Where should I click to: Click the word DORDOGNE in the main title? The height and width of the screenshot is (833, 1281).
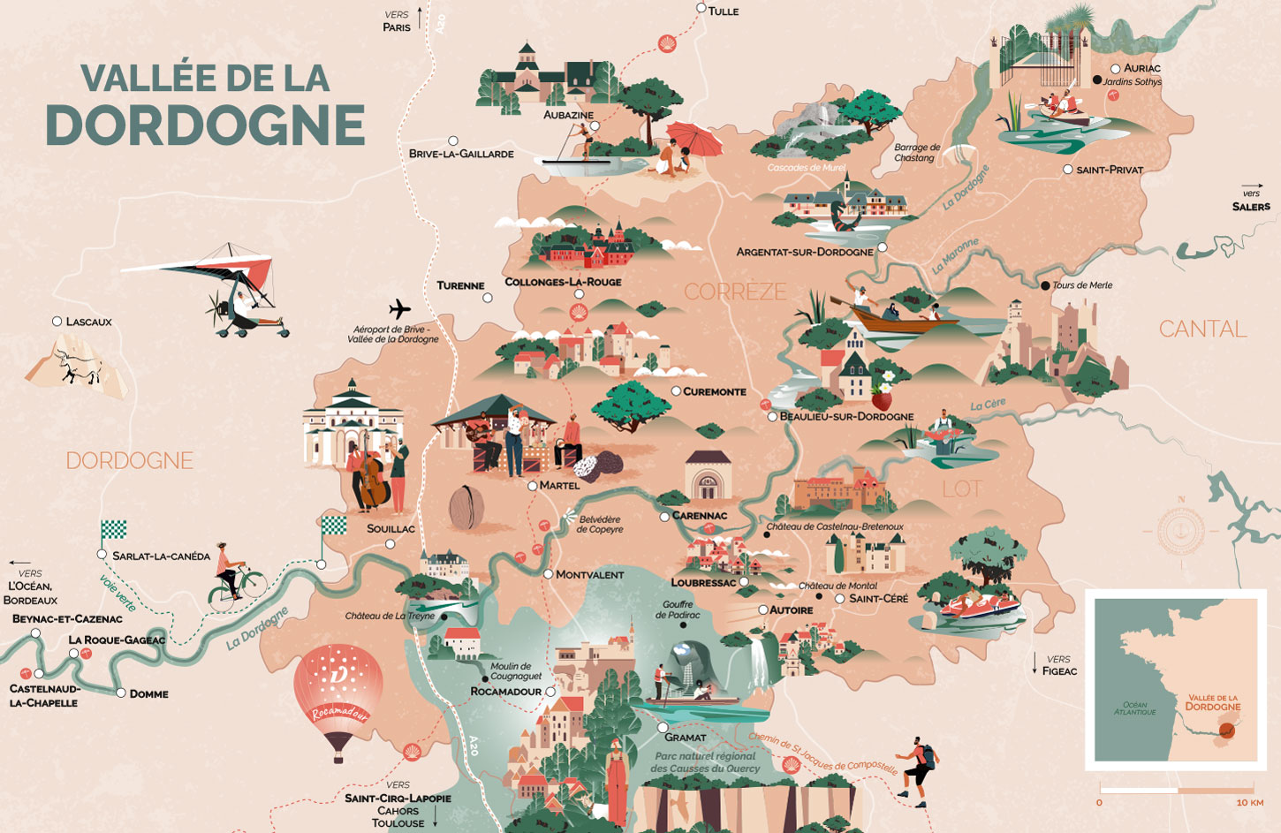pyautogui.click(x=205, y=125)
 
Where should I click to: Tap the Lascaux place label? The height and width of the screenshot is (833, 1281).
pyautogui.click(x=88, y=322)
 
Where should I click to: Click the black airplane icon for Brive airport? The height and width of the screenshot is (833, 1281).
pyautogui.click(x=400, y=309)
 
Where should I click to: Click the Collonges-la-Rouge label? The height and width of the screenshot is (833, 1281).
pyautogui.click(x=563, y=282)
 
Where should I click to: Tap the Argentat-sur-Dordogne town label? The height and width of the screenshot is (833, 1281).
pyautogui.click(x=804, y=252)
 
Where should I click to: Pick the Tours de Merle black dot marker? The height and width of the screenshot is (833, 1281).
pyautogui.click(x=1045, y=285)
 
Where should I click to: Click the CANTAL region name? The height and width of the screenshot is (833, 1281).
pyautogui.click(x=1202, y=329)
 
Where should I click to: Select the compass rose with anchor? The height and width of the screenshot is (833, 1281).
pyautogui.click(x=1180, y=530)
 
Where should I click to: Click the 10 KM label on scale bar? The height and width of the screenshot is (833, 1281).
pyautogui.click(x=1249, y=802)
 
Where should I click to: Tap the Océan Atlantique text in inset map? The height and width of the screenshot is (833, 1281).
pyautogui.click(x=1134, y=708)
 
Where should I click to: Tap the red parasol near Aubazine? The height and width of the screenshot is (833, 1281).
pyautogui.click(x=694, y=139)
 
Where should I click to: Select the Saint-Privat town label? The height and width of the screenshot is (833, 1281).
pyautogui.click(x=1110, y=170)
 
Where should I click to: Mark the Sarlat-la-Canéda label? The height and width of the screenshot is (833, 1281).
pyautogui.click(x=161, y=556)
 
